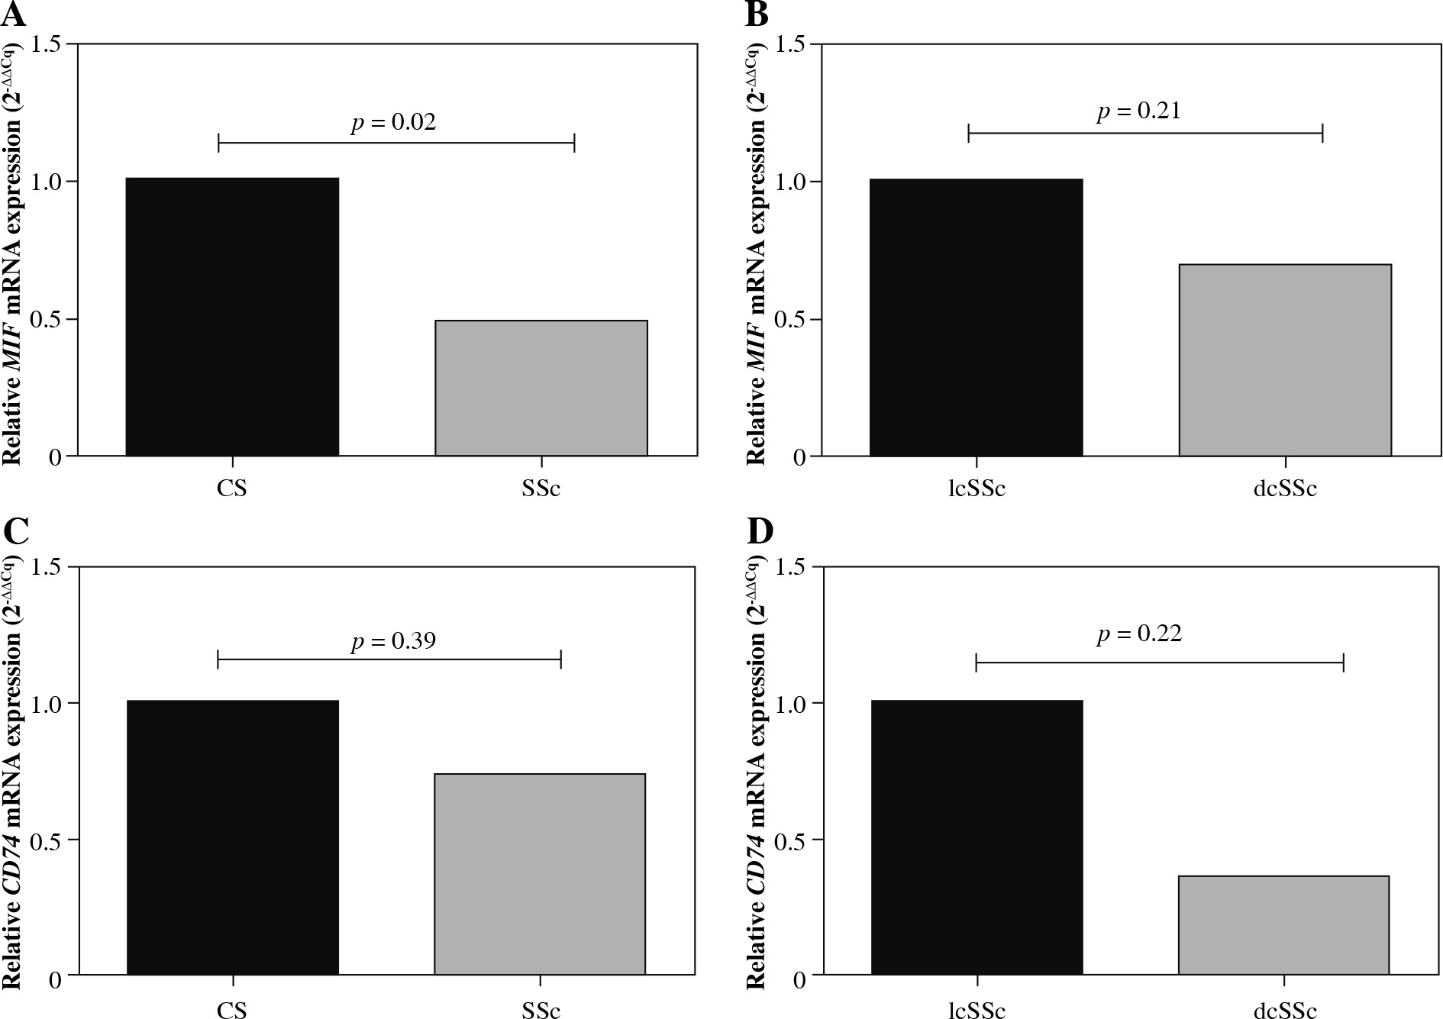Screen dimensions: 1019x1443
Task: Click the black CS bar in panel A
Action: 232,317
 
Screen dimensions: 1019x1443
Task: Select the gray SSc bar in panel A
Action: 541,388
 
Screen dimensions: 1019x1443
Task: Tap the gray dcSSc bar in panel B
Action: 1285,360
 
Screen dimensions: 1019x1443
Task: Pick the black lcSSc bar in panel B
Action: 977,318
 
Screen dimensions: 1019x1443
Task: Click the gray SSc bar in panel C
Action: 540,874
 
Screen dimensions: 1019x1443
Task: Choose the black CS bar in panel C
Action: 232,837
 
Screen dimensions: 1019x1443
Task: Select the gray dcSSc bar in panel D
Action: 1283,925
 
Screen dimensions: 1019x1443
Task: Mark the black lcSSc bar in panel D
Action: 977,837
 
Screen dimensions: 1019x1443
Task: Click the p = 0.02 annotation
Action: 394,122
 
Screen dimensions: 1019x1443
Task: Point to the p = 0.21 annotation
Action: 1139,111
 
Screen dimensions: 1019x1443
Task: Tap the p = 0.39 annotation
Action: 394,640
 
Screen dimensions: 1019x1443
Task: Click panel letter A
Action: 14,13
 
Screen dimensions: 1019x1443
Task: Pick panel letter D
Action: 760,531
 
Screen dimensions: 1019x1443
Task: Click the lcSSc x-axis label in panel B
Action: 977,489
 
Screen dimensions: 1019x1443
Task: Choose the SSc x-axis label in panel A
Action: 541,489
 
